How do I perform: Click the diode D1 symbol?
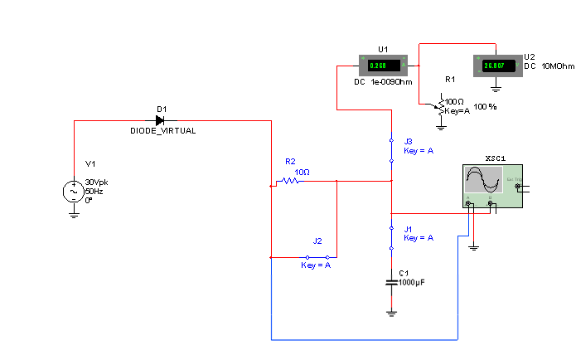(160, 120)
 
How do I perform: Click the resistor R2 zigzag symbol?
(290, 180)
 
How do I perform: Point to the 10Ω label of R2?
(302, 173)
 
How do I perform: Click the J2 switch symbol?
(317, 257)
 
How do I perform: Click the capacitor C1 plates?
(391, 282)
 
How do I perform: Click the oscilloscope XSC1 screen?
(483, 180)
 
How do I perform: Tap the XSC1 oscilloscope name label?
(496, 158)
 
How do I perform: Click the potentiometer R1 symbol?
(441, 104)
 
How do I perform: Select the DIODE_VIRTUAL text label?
(163, 131)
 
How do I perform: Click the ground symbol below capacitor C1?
(391, 313)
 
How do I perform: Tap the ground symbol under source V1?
(74, 215)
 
